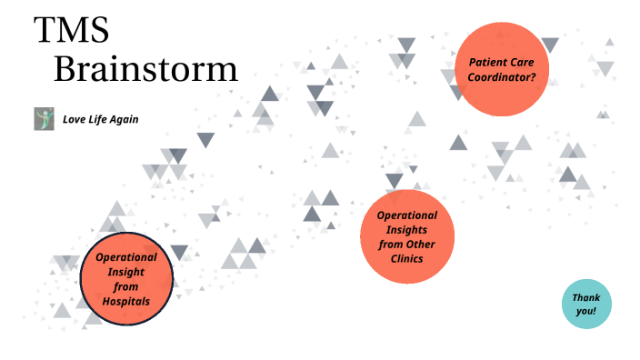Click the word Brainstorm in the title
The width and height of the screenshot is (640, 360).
pos(145,69)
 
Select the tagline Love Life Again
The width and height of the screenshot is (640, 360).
pos(100,119)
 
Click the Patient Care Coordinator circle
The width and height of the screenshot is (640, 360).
pos(502,70)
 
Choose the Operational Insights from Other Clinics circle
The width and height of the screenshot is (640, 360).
pos(406,236)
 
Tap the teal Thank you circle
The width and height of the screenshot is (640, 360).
pos(585,304)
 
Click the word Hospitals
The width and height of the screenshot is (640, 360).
pos(126,301)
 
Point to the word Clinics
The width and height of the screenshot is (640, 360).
pos(406,259)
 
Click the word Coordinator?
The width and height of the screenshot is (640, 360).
pos(502,77)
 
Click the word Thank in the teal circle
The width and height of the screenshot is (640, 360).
pos(585,297)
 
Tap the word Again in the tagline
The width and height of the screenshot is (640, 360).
pos(124,119)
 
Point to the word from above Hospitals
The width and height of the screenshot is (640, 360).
pos(126,286)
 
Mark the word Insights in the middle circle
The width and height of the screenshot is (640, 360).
pos(406,229)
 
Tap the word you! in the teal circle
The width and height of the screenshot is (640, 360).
pos(585,311)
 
